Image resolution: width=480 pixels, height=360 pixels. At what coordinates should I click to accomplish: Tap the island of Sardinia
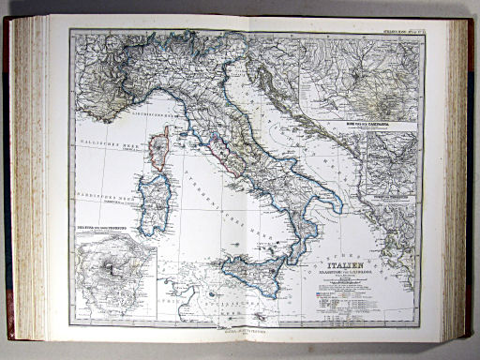pyautogui.click(x=154, y=205)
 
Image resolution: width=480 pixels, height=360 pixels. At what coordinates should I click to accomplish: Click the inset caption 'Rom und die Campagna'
pyautogui.click(x=373, y=123)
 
